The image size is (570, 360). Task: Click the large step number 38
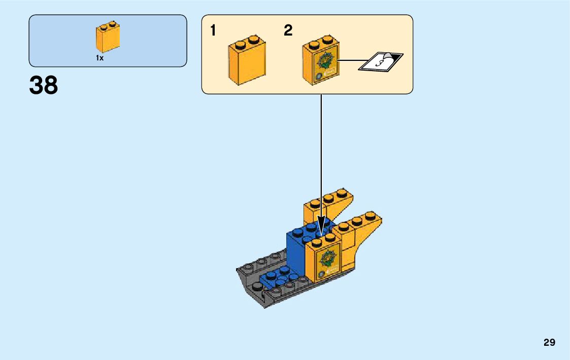tap(44, 85)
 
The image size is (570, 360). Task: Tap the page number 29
tap(549, 343)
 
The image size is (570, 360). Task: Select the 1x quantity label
tap(100, 58)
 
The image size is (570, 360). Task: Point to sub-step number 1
tap(213, 31)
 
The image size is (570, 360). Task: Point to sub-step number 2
tap(288, 31)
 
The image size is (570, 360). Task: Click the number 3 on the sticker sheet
tap(379, 63)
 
